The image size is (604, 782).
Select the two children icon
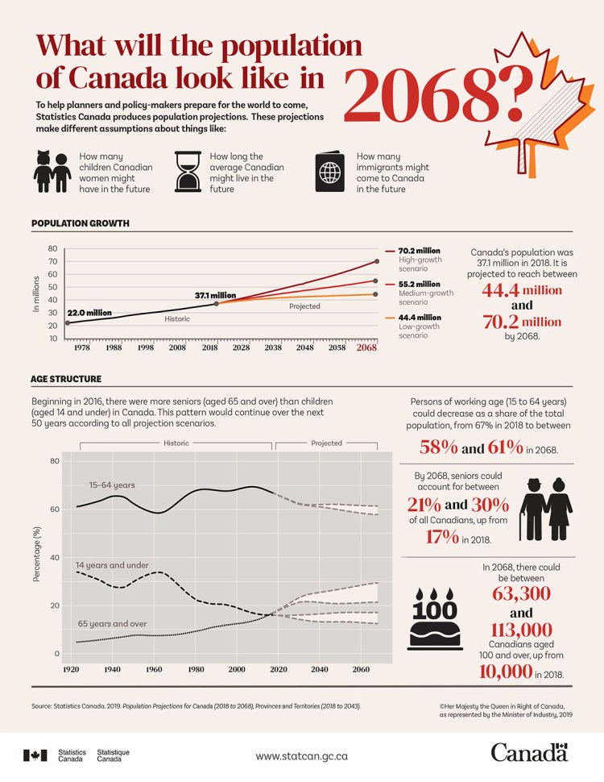52,171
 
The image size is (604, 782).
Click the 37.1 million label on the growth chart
215,296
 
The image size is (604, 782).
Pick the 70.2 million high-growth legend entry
420,252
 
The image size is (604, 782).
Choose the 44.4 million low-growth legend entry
420,318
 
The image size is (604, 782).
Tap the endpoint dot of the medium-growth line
376,281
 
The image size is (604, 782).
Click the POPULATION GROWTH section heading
80,223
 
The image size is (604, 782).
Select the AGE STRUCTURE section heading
66,378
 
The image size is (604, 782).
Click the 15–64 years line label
112,485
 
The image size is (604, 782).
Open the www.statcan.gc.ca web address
302,756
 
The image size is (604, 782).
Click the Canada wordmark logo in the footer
529,753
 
